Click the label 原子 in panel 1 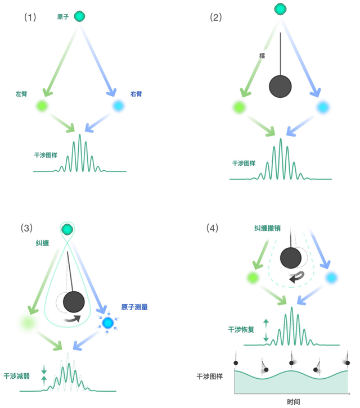click(x=63, y=17)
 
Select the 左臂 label click(x=22, y=94)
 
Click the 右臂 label click(x=136, y=94)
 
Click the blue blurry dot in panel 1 click(x=119, y=105)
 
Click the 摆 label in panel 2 click(x=262, y=56)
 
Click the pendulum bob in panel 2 click(x=280, y=87)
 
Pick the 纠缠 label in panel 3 click(x=43, y=243)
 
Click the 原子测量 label click(x=134, y=307)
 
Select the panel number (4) click(x=213, y=228)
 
